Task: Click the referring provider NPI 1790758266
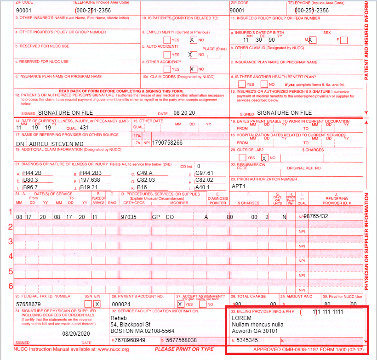coord(167,143)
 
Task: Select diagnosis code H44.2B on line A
coord(33,173)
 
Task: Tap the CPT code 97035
coord(128,216)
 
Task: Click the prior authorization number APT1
coord(240,187)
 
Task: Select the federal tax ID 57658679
coord(29,304)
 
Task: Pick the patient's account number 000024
coord(121,304)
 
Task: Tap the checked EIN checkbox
coord(97,304)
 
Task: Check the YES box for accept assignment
coord(180,304)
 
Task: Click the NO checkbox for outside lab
coord(264,157)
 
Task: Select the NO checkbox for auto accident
coord(193,55)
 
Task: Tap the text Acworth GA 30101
coord(255,331)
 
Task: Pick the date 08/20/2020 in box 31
coord(75,333)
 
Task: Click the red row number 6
coord(11,285)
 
